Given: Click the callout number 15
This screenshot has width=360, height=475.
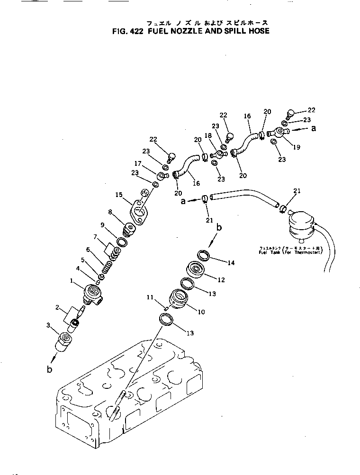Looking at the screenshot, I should point(119,194).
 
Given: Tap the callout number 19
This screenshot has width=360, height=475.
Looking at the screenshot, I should point(297,147).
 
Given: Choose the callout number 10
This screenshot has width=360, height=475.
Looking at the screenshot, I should point(201,313).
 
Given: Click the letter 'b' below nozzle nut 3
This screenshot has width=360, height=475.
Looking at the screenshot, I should point(50,369).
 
